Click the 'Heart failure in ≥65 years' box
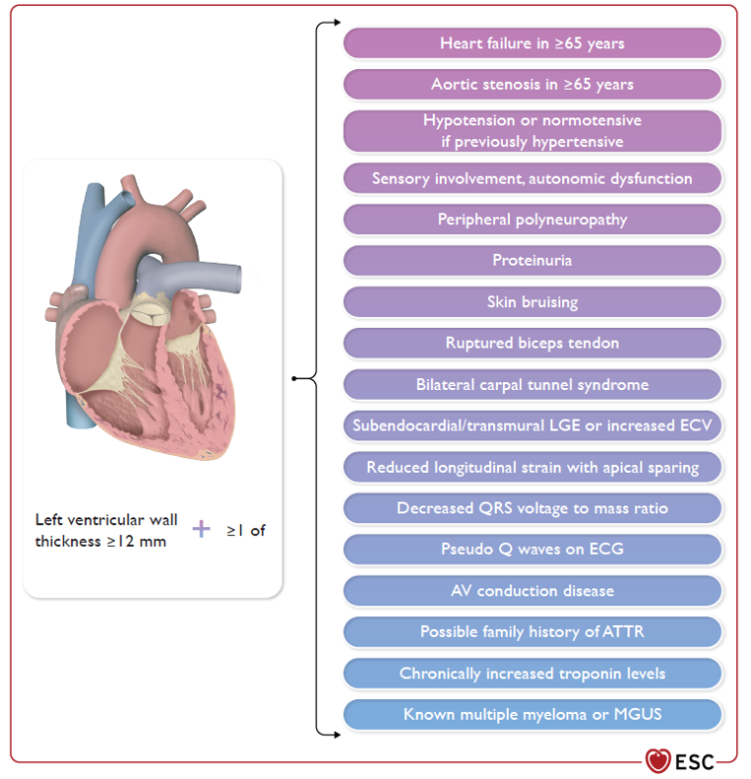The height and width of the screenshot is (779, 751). click(x=532, y=43)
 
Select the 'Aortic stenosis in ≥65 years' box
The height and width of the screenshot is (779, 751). click(x=532, y=84)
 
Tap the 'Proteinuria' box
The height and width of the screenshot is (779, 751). click(x=532, y=261)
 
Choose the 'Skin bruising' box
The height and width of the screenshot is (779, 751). click(x=532, y=301)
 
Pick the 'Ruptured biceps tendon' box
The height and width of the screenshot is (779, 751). click(x=532, y=343)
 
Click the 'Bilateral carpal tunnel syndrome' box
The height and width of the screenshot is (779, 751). click(x=532, y=384)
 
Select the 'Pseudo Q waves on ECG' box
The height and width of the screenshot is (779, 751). click(x=532, y=549)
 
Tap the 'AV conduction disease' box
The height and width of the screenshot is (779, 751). click(x=532, y=590)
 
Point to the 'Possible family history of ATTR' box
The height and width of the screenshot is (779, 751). click(x=532, y=632)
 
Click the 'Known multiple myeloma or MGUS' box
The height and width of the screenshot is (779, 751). click(x=532, y=714)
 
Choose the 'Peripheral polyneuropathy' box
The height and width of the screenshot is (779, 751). click(x=532, y=219)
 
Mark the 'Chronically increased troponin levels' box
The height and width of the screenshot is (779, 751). click(x=532, y=673)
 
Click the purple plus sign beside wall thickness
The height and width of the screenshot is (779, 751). click(x=202, y=529)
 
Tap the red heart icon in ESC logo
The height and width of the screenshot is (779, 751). click(x=658, y=760)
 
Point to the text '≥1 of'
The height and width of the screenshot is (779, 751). click(x=246, y=530)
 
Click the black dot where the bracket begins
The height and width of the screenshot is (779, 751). click(x=294, y=377)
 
